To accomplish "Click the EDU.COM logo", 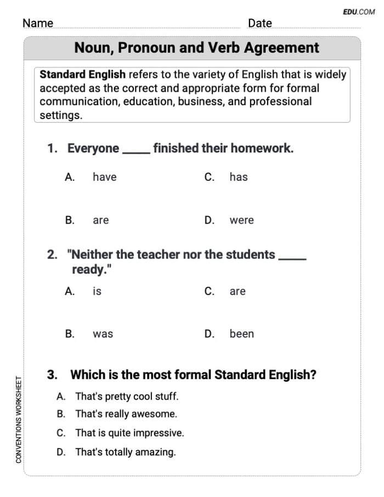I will click(x=359, y=12).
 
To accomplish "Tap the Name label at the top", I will click(x=38, y=23).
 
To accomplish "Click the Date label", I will click(x=259, y=23).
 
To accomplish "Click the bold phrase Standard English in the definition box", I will click(x=83, y=75).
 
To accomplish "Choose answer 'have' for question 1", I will click(x=104, y=177).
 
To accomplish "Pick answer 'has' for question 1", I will click(x=239, y=177).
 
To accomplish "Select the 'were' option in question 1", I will click(x=241, y=221).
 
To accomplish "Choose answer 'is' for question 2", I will click(x=97, y=292).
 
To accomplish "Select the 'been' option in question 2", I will click(x=241, y=334).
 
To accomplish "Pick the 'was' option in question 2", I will click(x=103, y=334).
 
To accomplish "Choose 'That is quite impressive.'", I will click(x=129, y=433).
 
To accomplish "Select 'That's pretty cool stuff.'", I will click(x=127, y=396).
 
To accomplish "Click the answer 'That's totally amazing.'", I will click(x=126, y=453).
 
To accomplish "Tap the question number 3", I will click(x=52, y=375).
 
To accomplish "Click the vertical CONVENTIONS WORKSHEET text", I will click(x=19, y=419).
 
